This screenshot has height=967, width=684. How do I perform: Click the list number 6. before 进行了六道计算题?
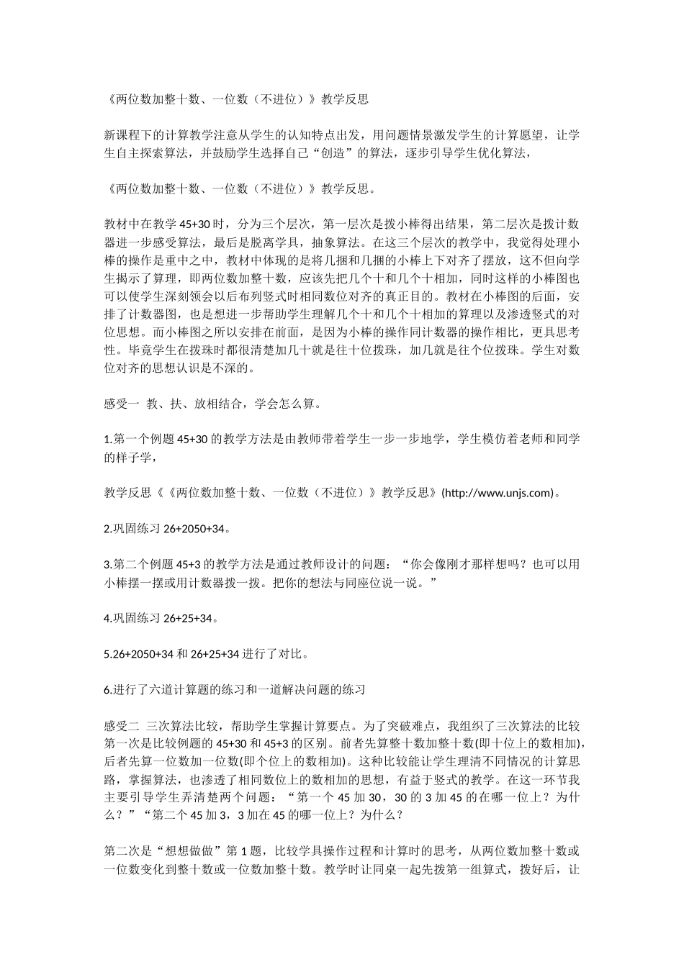108,690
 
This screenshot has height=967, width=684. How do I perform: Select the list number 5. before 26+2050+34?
108,654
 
